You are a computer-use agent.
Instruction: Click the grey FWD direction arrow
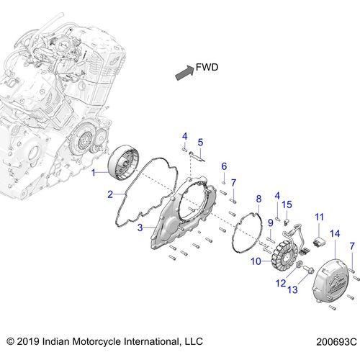click(184, 73)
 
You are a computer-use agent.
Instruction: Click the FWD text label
click(207, 68)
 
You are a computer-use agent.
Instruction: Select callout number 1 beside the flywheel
click(94, 172)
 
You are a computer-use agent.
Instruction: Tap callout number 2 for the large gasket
click(110, 194)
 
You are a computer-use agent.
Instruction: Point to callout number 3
click(140, 228)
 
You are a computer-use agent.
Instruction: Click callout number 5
click(200, 142)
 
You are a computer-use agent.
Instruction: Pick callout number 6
click(224, 166)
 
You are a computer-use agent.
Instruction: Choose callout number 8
click(258, 199)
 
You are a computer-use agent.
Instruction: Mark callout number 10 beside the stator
click(256, 261)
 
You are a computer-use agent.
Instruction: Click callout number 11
click(320, 217)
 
